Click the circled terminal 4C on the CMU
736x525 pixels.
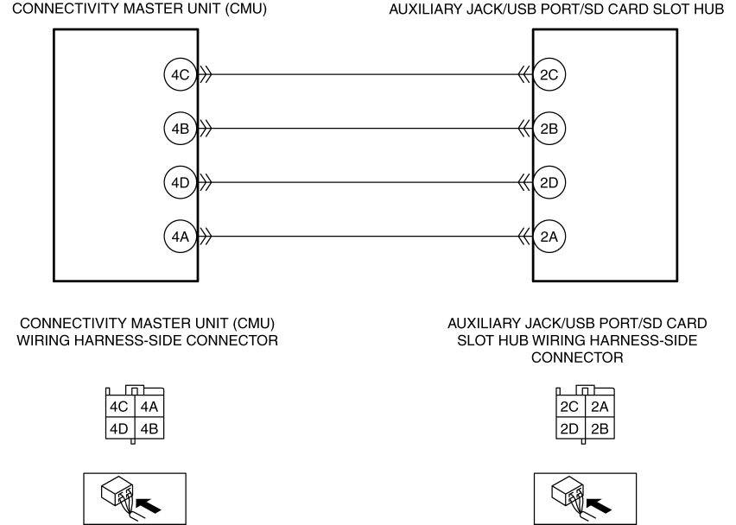click(x=181, y=74)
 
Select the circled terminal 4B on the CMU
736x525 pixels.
click(x=181, y=129)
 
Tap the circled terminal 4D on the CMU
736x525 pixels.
click(x=181, y=182)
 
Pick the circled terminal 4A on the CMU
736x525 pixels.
click(x=181, y=237)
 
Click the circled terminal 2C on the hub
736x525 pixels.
click(x=549, y=74)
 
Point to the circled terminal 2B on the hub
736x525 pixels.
click(x=549, y=129)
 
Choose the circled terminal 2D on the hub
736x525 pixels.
click(x=549, y=182)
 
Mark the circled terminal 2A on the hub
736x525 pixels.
click(x=549, y=237)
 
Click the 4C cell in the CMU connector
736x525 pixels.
click(x=120, y=407)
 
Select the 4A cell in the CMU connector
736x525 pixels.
click(x=149, y=407)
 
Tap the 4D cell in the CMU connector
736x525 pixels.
click(x=120, y=428)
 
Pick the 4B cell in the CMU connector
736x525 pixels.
click(x=149, y=428)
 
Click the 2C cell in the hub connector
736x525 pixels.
click(x=571, y=407)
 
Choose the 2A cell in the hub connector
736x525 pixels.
click(x=600, y=407)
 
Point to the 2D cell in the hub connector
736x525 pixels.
click(x=571, y=428)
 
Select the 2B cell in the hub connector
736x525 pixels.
click(x=600, y=428)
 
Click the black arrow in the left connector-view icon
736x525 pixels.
click(x=148, y=506)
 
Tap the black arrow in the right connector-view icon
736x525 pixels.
click(x=599, y=506)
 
